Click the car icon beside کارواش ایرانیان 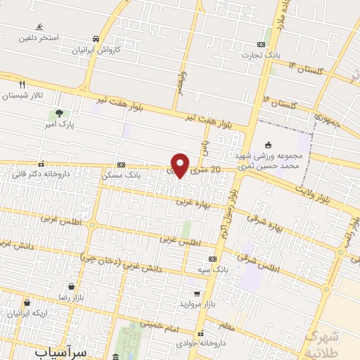96,39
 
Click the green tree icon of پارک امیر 58,112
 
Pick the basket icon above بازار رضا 72,287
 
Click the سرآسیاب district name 63,351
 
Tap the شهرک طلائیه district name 331,340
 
